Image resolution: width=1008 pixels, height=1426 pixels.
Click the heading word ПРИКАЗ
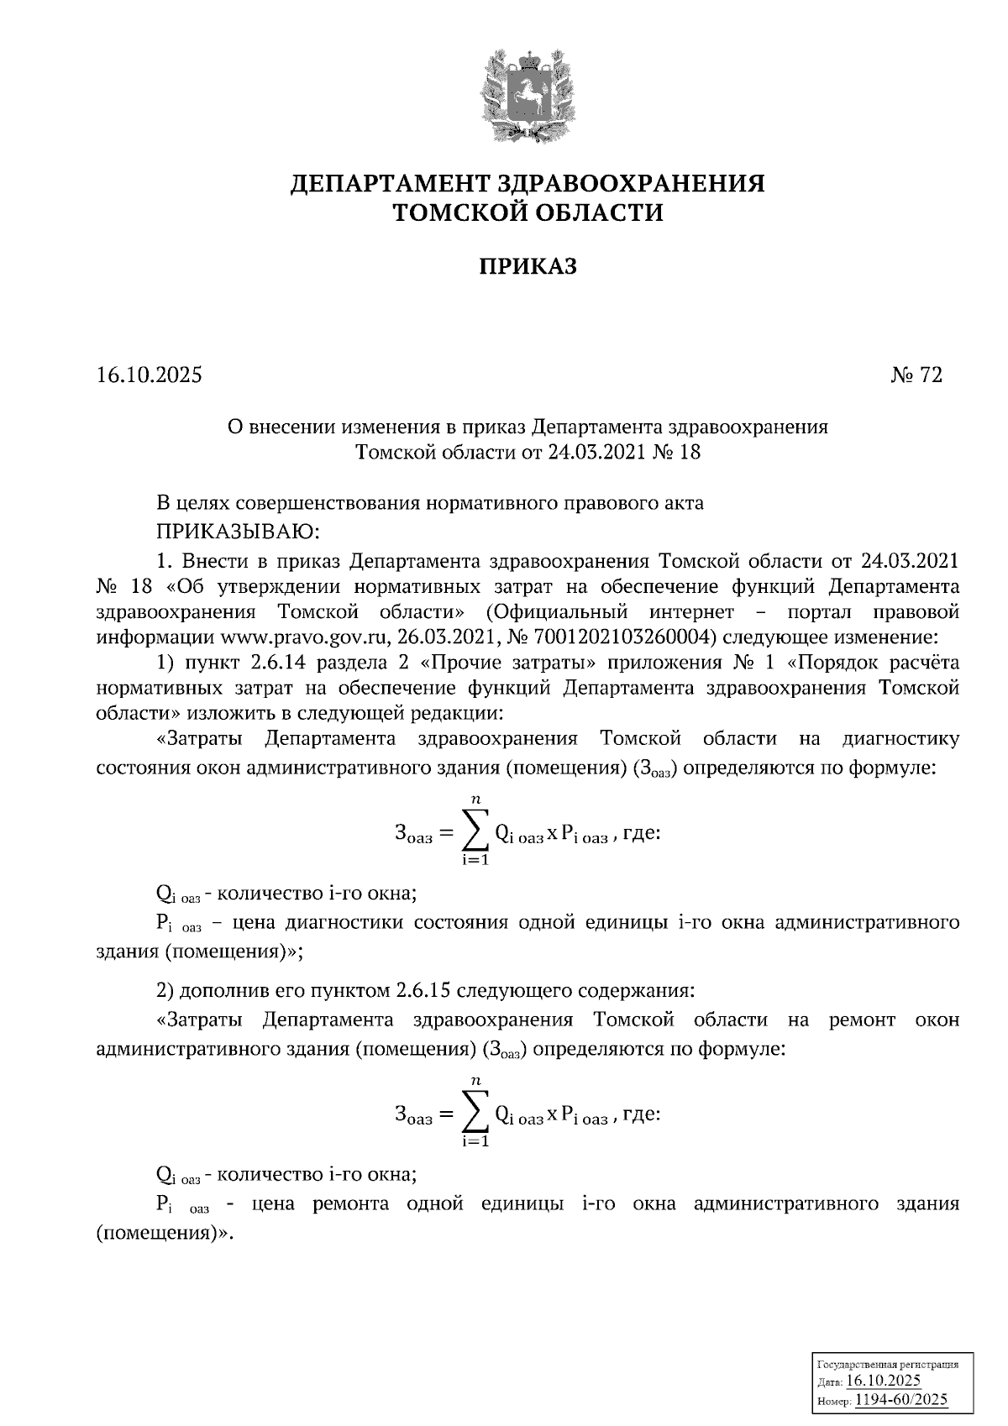[528, 267]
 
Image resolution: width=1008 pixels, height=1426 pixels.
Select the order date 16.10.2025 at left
[149, 375]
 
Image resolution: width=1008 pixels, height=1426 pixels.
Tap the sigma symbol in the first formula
[475, 832]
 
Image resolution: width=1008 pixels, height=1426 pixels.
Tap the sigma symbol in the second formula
[475, 1114]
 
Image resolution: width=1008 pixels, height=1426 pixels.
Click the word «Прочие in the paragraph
[452, 662]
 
